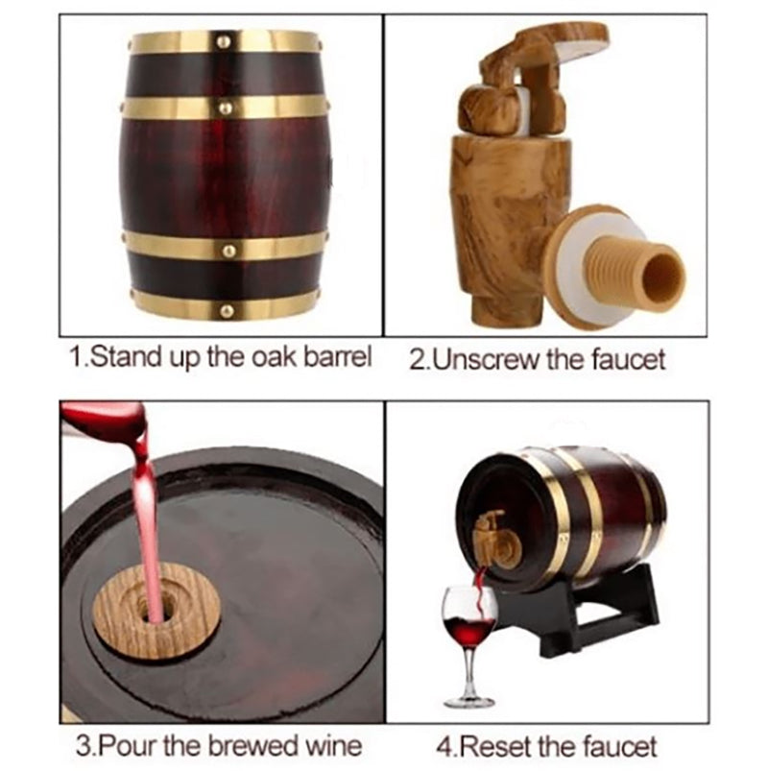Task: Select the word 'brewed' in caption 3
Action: tap(253, 746)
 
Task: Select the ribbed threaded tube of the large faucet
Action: tap(635, 272)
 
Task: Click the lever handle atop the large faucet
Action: tap(536, 54)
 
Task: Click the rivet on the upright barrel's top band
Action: tap(225, 42)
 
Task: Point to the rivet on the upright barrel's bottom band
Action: tap(228, 311)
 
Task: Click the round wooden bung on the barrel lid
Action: tap(156, 612)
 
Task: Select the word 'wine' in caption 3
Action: tap(334, 746)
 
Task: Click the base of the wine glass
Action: tap(469, 701)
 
